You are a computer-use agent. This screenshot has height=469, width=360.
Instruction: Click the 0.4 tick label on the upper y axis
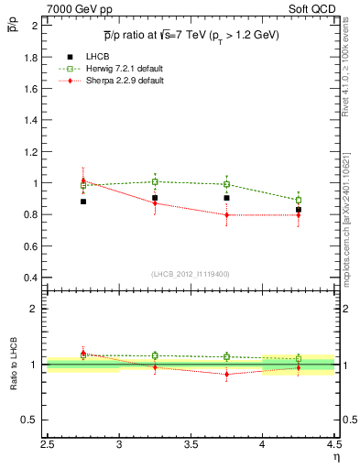31,278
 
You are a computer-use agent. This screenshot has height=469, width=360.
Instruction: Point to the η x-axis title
336,458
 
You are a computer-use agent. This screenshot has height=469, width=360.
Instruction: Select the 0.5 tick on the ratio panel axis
31,420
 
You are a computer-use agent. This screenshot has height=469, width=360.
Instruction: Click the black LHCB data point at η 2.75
83,201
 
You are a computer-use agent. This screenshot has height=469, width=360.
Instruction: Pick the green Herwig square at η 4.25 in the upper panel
299,200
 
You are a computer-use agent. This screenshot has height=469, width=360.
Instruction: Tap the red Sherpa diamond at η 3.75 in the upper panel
227,215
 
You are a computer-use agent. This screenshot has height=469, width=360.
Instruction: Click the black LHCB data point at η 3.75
227,197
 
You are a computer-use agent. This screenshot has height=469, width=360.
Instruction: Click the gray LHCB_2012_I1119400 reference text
191,274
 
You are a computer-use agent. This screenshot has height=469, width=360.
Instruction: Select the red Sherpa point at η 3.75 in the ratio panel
227,374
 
